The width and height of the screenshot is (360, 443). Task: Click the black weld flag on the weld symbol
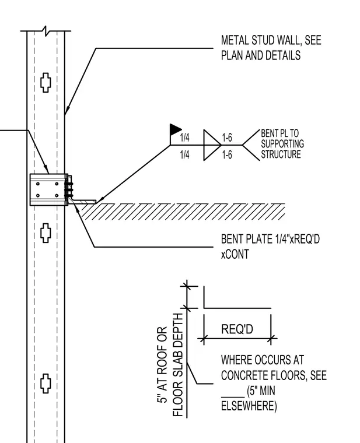pyautogui.click(x=175, y=129)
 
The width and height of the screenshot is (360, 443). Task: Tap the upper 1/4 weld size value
pyautogui.click(x=184, y=138)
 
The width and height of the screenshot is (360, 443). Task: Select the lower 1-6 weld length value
pyautogui.click(x=227, y=155)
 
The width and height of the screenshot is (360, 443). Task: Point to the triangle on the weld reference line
pyautogui.click(x=212, y=145)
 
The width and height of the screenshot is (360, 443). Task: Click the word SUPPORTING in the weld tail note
pyautogui.click(x=282, y=144)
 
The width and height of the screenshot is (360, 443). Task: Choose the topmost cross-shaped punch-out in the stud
pyautogui.click(x=46, y=83)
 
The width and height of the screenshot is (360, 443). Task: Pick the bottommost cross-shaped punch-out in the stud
pyautogui.click(x=46, y=384)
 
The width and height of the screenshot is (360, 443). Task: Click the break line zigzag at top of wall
pyautogui.click(x=46, y=31)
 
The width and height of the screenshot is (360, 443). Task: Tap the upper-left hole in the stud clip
pyautogui.click(x=38, y=184)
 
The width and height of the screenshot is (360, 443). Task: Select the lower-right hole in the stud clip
pyautogui.click(x=57, y=195)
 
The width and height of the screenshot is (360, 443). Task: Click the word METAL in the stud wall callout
pyautogui.click(x=233, y=40)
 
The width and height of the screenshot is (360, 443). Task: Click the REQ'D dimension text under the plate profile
pyautogui.click(x=237, y=329)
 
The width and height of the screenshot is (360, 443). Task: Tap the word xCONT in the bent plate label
pyautogui.click(x=235, y=254)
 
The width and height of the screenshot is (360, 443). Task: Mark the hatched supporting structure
pyautogui.click(x=183, y=212)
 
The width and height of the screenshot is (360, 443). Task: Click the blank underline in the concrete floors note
pyautogui.click(x=233, y=397)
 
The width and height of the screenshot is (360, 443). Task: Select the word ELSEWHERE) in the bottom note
pyautogui.click(x=249, y=406)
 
